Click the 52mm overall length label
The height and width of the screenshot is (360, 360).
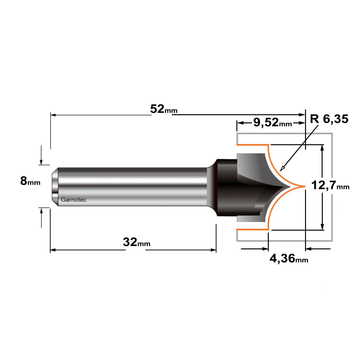tap(164, 109)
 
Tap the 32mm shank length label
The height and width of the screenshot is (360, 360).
tap(136, 242)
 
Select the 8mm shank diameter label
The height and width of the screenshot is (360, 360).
tap(30, 181)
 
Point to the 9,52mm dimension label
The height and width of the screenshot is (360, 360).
tap(273, 123)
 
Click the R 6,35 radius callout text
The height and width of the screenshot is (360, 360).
tap(329, 119)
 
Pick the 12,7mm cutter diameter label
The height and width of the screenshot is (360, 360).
tap(330, 185)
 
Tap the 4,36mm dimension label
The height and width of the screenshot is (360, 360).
tap(289, 259)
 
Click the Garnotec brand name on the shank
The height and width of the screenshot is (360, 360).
tap(73, 200)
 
